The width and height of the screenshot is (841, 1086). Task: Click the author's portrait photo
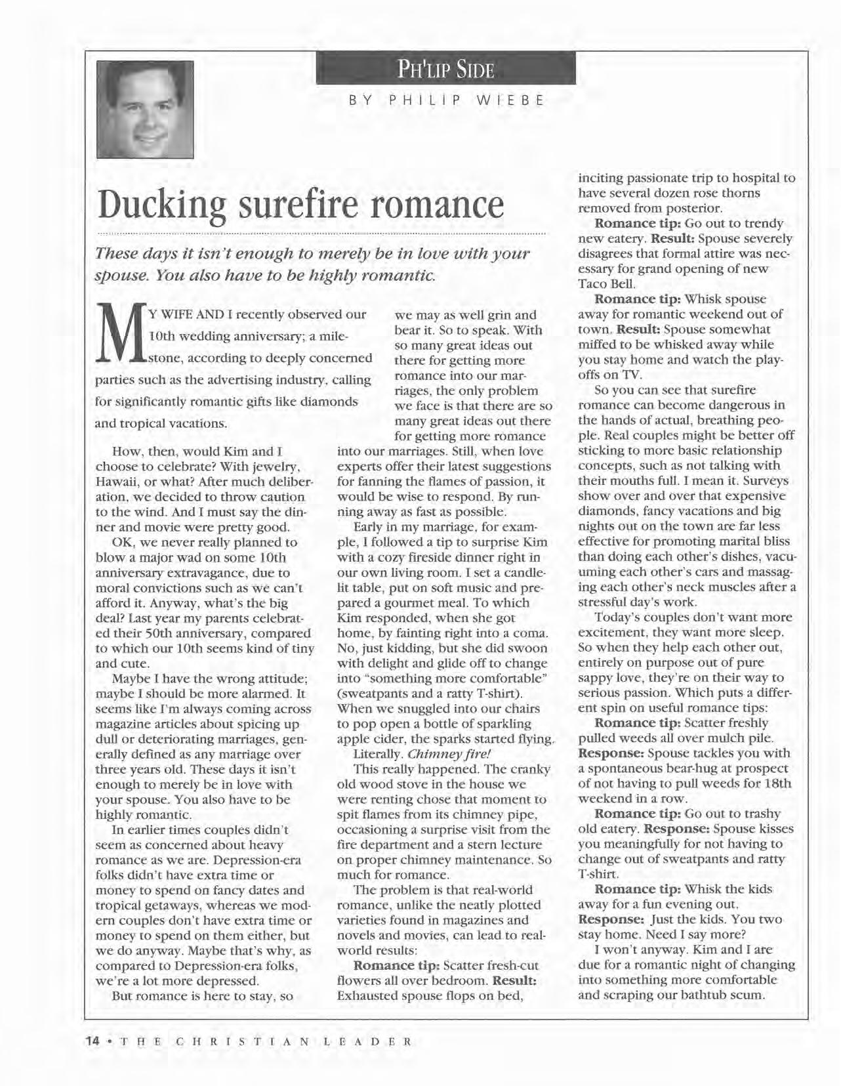(145, 109)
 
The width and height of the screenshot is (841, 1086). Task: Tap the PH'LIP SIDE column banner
(445, 69)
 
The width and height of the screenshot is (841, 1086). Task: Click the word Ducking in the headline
(163, 205)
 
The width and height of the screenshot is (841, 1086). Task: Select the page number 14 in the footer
(92, 1041)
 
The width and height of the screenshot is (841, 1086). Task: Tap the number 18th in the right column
(778, 783)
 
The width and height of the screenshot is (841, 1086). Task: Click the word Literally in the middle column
(377, 754)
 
